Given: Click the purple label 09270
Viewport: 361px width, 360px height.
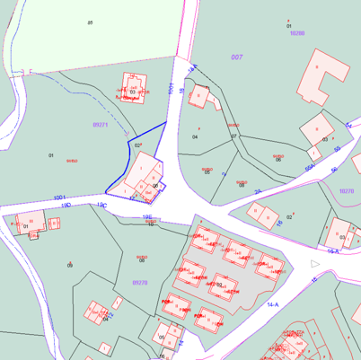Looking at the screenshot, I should tap(140, 282).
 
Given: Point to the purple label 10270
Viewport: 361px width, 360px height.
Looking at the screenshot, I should tap(347, 190).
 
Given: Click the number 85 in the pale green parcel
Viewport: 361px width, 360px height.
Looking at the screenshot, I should tap(90, 22).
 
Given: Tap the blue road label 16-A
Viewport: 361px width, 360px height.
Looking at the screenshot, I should tap(333, 252).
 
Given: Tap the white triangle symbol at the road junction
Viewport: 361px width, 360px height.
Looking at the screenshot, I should tap(314, 264).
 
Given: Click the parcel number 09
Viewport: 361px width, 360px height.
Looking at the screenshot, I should tap(70, 265).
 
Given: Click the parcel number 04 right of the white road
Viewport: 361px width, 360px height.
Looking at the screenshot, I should tap(195, 137).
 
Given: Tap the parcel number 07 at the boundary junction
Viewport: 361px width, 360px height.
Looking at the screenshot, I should tap(233, 136).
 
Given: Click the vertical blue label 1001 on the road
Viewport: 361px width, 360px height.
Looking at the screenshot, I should tap(171, 88).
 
